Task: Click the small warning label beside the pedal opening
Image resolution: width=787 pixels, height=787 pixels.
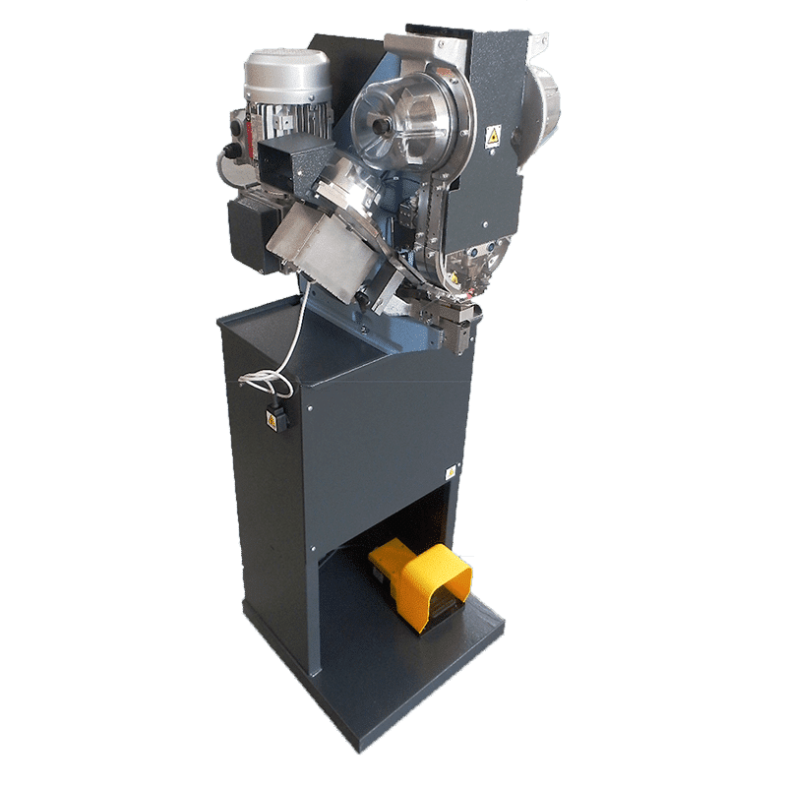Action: point(451,471)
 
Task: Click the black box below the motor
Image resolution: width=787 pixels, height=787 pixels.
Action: point(254,233)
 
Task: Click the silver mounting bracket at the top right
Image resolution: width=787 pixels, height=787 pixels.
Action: point(536,44)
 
